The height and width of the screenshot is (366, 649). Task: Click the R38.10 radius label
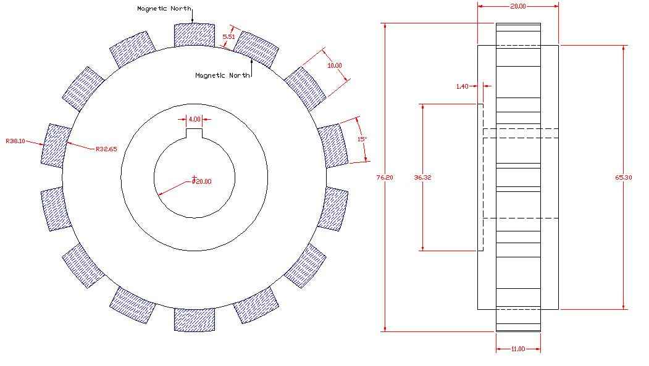[x=15, y=141]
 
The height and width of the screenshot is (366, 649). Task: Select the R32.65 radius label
[x=106, y=149]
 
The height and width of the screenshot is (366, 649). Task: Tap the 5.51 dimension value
[x=228, y=36]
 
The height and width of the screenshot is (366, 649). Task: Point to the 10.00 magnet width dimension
[x=335, y=65]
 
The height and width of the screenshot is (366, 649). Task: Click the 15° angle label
[x=362, y=139]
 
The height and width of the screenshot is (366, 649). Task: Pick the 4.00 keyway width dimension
[x=195, y=119]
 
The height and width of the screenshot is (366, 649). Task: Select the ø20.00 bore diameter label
[x=201, y=181]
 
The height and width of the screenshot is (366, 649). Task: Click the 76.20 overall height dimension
[x=385, y=177]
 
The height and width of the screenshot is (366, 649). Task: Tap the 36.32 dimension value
[x=422, y=177]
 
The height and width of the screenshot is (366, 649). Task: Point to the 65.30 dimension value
[x=623, y=177]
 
